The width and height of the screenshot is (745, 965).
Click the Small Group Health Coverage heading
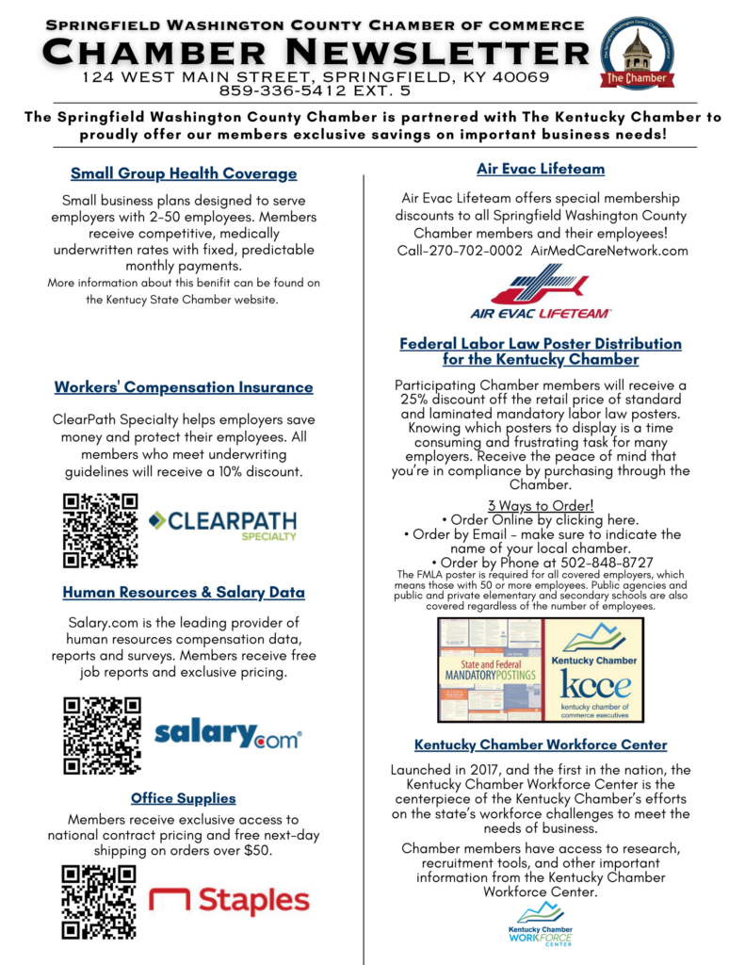184,173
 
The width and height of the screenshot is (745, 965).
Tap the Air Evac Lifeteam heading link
540,170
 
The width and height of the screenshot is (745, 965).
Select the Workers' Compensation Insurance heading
184,387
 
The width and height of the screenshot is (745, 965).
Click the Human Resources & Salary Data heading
184,593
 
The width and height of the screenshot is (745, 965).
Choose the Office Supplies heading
184,798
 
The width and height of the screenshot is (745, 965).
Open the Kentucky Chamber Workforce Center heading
541,744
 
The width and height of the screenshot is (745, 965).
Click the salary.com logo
227,733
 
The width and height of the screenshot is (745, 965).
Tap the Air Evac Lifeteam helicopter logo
540,290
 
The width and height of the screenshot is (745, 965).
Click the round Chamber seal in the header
639,52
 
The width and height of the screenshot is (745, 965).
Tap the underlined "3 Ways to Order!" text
540,505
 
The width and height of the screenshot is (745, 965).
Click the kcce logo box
592,669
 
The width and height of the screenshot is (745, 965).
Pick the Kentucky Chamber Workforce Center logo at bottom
540,923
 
